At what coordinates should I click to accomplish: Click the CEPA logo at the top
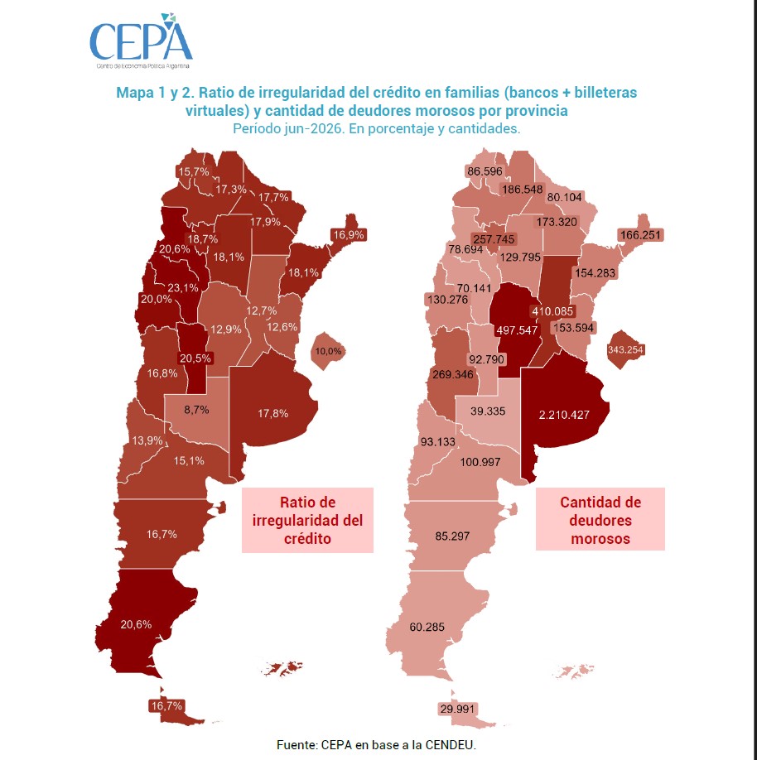(141, 41)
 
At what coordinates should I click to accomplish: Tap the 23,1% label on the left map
(183, 288)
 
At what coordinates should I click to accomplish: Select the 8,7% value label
(196, 410)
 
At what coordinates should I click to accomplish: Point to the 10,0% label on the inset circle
(328, 351)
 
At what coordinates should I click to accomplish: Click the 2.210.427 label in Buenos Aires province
(564, 415)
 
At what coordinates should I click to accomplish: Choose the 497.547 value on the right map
(517, 330)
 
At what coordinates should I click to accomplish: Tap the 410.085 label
(552, 311)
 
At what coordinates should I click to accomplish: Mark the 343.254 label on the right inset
(625, 349)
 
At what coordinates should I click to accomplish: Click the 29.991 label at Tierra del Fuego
(457, 709)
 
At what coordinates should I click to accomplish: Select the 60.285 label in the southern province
(427, 628)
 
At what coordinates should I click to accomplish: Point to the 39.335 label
(488, 411)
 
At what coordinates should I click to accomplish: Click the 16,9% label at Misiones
(349, 235)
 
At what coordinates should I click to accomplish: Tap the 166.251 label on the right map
(640, 235)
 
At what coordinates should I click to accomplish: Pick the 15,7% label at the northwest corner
(194, 171)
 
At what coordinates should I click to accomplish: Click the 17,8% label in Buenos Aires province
(273, 413)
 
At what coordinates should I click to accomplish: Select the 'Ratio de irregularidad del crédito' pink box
(307, 520)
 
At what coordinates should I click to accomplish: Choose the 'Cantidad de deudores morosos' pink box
(600, 519)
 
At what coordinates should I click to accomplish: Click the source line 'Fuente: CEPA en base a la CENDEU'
(376, 745)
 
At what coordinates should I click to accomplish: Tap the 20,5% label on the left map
(195, 358)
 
